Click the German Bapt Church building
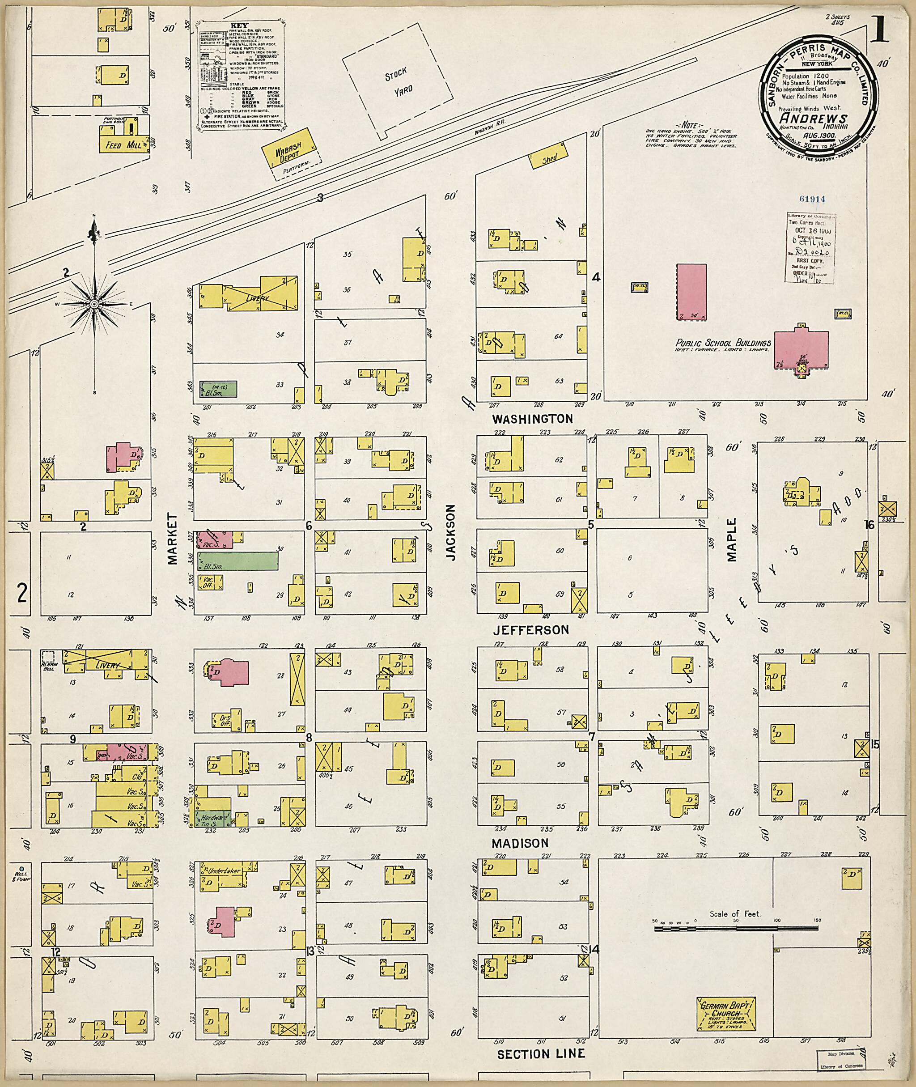click(726, 1014)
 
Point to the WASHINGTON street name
click(532, 419)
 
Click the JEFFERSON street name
click(531, 630)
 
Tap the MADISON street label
click(520, 843)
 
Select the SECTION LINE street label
click(541, 1054)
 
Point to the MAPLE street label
click(732, 539)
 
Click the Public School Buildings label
click(722, 343)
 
